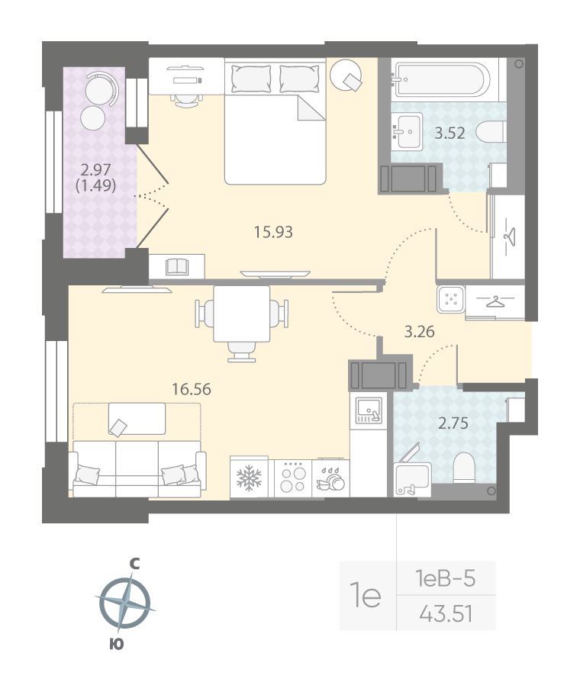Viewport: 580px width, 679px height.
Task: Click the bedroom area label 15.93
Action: click(274, 231)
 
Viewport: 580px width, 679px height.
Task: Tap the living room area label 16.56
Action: click(191, 388)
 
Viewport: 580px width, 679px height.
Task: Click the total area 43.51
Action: click(446, 612)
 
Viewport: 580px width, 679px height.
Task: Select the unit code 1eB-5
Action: click(446, 579)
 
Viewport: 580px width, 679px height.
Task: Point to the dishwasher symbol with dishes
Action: click(332, 479)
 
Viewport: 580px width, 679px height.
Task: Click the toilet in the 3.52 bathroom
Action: click(491, 132)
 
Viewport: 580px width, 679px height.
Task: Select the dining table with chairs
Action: click(242, 317)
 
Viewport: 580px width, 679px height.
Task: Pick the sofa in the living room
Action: click(137, 468)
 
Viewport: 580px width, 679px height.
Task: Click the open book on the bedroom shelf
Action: click(177, 266)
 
